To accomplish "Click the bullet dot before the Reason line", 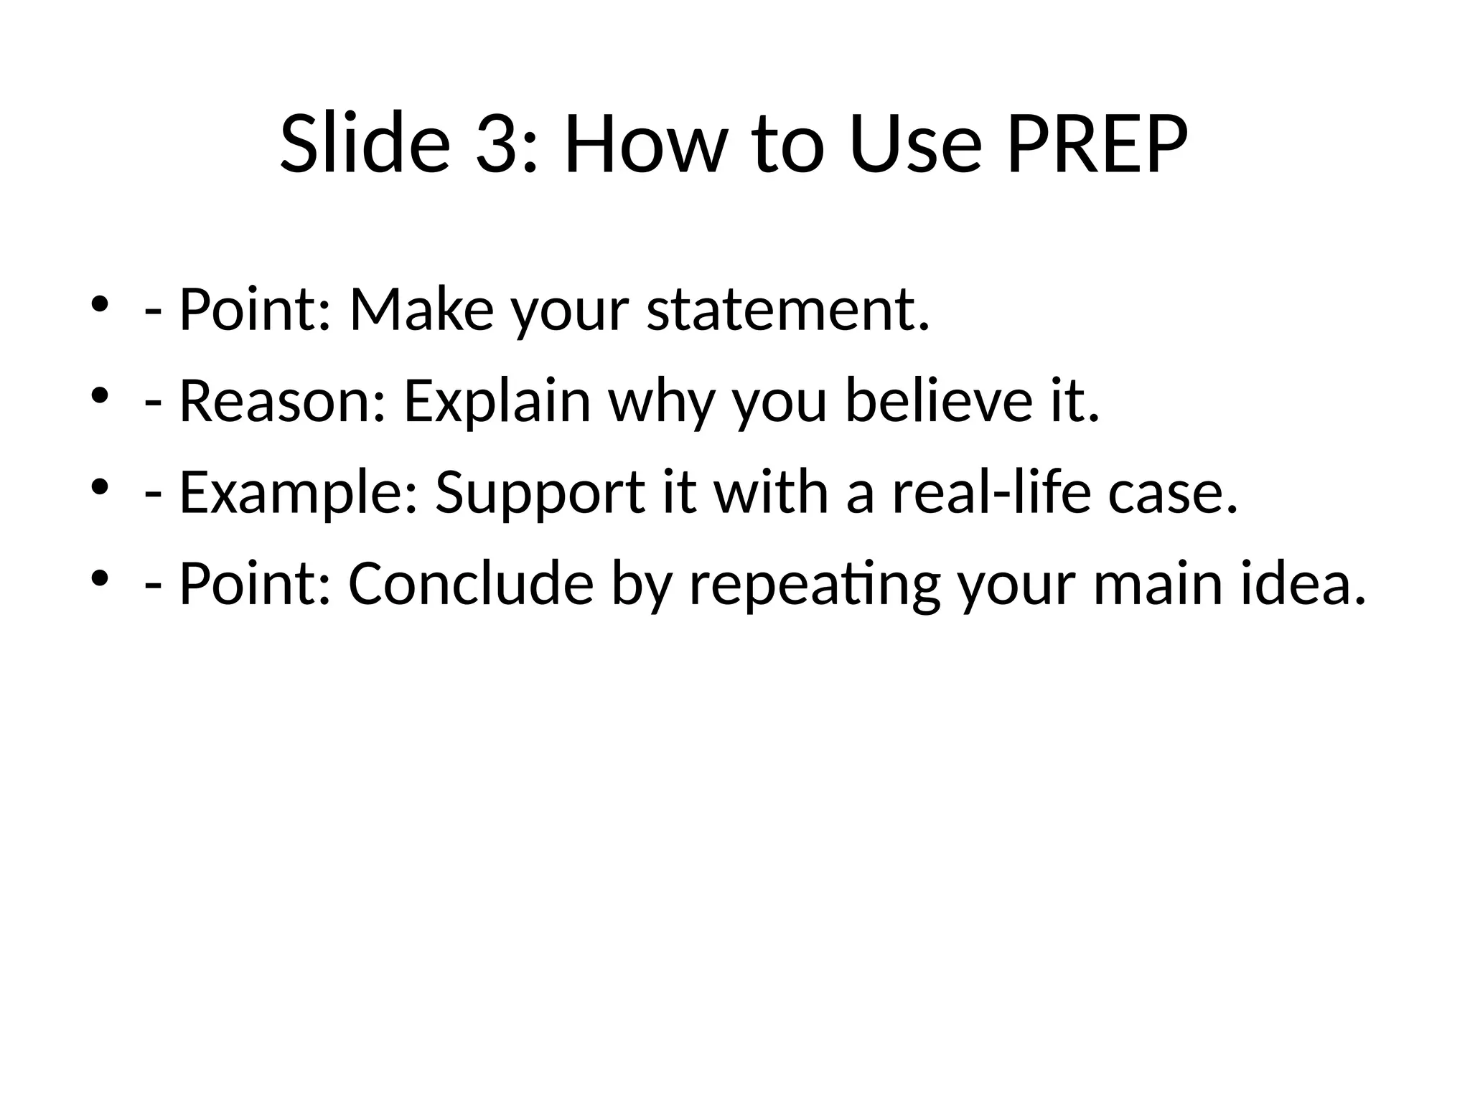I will tap(100, 395).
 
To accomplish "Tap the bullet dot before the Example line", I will tap(100, 486).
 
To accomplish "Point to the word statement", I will tap(787, 310).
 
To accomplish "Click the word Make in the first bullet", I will tap(421, 310).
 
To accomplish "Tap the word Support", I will tap(540, 494).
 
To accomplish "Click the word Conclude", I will tap(471, 583).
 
